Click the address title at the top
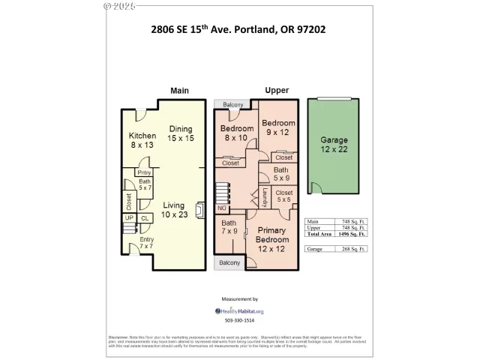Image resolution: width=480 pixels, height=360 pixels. (239, 31)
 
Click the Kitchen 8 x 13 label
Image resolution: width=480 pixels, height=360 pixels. (142, 139)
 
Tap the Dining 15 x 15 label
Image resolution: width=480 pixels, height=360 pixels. (181, 133)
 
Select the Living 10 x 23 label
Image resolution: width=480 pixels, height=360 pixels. (175, 210)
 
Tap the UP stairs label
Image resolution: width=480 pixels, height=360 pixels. (129, 218)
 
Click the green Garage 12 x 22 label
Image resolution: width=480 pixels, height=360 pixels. (334, 145)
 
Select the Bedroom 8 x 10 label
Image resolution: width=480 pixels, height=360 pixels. (237, 133)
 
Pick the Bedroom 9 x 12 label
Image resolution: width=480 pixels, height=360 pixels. (278, 128)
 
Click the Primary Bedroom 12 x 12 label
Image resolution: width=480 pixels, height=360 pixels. (272, 238)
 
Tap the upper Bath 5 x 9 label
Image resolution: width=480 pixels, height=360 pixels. (280, 174)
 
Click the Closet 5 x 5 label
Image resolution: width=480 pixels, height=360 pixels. (284, 196)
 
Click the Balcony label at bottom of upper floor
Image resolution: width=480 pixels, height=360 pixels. (229, 262)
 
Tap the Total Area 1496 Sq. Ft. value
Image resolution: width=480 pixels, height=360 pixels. (352, 235)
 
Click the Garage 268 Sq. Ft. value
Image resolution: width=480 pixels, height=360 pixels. (352, 249)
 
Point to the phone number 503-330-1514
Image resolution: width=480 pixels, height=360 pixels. (240, 321)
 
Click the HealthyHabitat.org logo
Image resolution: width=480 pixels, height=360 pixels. (240, 310)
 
